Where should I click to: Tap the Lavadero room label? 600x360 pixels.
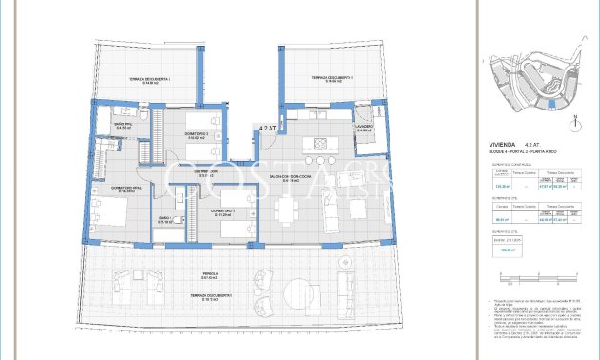365,128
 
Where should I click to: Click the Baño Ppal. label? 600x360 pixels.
123,126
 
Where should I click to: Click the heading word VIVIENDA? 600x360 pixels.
503,146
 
